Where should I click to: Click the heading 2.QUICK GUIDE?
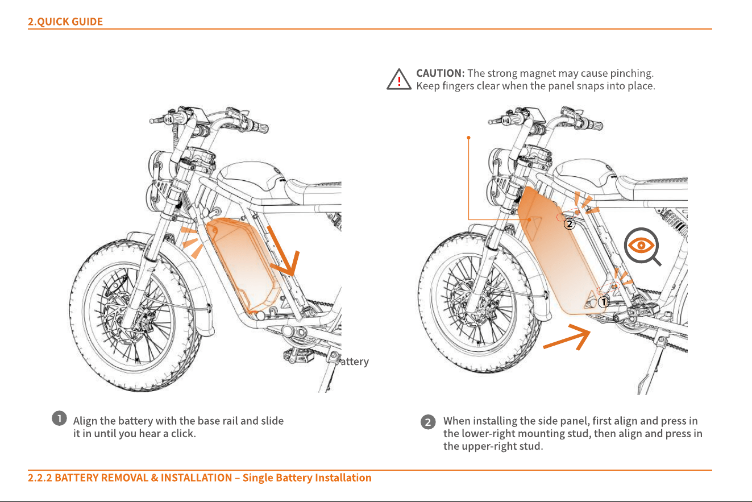65,22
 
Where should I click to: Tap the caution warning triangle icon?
399,80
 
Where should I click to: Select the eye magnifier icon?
642,246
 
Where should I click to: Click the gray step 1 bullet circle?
60,418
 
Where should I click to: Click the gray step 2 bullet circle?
428,422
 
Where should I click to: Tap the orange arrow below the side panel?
567,337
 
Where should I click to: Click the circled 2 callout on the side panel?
570,224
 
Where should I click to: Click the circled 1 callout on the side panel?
603,302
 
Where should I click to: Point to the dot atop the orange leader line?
469,138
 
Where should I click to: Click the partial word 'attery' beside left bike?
355,362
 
